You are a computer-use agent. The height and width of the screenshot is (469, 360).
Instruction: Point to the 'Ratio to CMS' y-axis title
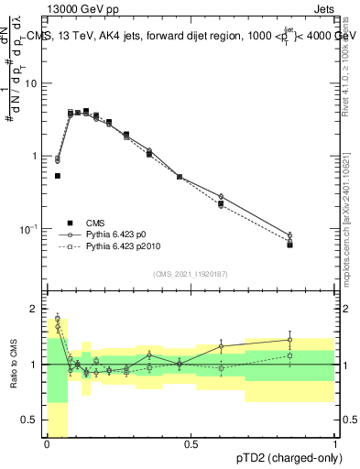(12, 365)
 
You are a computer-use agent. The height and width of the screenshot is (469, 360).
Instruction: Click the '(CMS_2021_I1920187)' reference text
(191, 274)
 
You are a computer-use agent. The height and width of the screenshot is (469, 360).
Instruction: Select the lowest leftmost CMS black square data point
(58, 175)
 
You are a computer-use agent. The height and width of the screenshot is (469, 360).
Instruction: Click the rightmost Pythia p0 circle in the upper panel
(289, 235)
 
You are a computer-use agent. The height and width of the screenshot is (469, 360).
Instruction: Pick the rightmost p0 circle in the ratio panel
(289, 340)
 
